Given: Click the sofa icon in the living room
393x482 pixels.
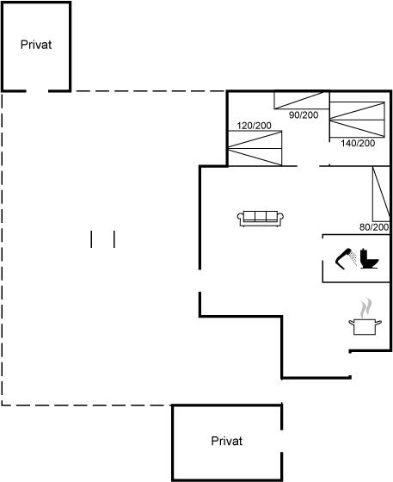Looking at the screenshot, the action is (261, 219).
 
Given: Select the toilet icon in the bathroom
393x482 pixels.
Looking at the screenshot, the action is (370, 258).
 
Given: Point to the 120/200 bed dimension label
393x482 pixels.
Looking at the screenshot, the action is (255, 126).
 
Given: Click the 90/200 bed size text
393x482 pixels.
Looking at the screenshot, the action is (304, 115).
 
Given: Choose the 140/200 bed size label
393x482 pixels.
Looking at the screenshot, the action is (358, 143).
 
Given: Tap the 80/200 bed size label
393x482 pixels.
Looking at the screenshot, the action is (374, 227).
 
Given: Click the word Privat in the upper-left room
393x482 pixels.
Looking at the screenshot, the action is (36, 45).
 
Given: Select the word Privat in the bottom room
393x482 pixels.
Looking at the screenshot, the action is (227, 441).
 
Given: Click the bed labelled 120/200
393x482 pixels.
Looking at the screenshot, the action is (255, 148).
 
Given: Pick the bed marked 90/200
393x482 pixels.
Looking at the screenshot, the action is (302, 100).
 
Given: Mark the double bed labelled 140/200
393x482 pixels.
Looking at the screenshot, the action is (357, 120).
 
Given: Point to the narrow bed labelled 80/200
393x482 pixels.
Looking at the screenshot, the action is (381, 194).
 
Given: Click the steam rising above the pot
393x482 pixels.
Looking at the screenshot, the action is (366, 308).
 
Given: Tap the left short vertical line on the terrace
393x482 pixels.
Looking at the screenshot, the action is (91, 239).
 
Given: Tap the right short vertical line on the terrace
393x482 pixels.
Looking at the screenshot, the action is (114, 239).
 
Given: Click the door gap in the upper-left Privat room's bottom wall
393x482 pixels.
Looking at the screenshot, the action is (37, 90).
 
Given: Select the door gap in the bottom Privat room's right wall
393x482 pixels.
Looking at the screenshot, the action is (281, 441).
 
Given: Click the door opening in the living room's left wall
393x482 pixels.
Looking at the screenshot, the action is (200, 281).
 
